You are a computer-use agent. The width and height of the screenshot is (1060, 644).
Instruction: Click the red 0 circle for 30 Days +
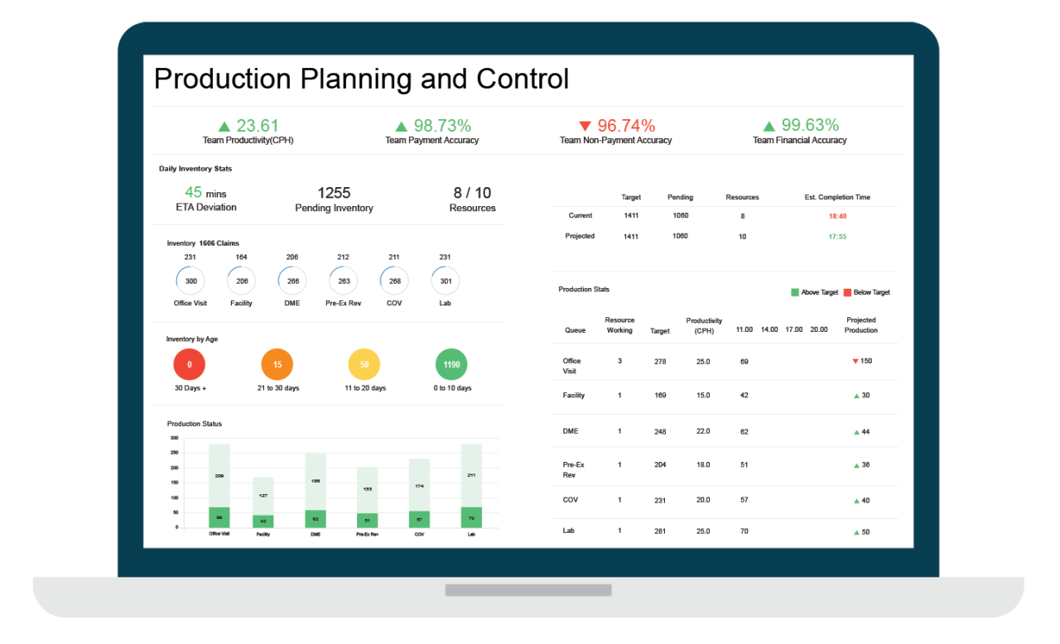point(189,364)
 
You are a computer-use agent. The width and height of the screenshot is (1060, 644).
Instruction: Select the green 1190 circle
point(451,364)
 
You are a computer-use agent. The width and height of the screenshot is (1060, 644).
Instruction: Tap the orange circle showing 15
point(277,364)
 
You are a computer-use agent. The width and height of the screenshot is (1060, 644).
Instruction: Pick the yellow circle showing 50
point(364,364)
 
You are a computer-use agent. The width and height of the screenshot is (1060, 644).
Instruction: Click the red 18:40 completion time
point(837,216)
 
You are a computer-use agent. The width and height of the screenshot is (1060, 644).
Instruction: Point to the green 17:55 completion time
point(837,237)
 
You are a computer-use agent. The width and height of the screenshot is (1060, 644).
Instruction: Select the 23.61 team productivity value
point(257,126)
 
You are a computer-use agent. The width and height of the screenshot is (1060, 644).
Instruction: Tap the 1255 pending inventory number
point(334,193)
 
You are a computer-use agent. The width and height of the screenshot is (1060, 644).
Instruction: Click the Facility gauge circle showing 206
point(242,281)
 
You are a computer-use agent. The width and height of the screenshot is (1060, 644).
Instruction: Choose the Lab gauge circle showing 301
point(446,281)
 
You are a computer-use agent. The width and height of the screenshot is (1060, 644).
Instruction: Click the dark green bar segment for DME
point(316,519)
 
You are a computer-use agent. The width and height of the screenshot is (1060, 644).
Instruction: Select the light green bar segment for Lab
point(471,475)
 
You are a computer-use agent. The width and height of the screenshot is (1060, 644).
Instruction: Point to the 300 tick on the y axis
point(174,438)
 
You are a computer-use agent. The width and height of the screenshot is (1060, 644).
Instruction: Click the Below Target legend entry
point(867,292)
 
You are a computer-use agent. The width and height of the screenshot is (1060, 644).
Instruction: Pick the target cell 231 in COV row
point(660,500)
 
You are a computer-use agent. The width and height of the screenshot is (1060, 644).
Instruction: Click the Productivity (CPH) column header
point(704,325)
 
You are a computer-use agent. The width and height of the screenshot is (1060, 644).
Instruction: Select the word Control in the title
point(523,79)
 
